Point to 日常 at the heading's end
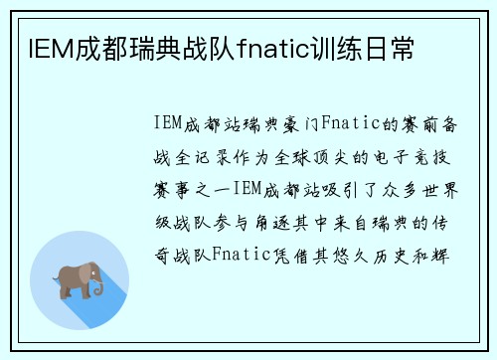389,47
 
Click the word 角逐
283,221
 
